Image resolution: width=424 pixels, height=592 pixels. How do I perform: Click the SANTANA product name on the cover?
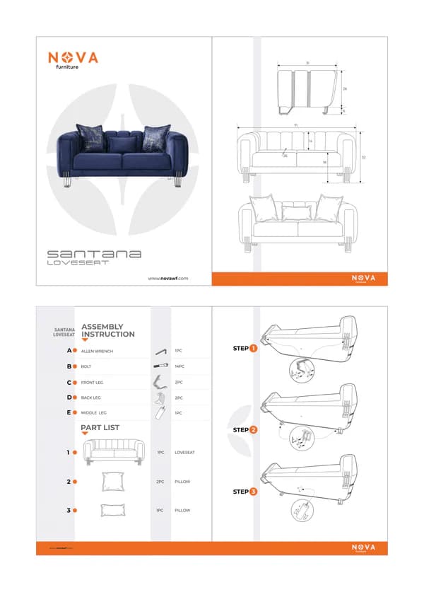[94, 253]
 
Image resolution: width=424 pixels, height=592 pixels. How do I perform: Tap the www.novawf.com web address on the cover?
[168, 278]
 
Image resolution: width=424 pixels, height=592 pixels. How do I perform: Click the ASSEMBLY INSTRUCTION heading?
[108, 330]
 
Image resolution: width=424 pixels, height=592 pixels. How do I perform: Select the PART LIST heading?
[100, 427]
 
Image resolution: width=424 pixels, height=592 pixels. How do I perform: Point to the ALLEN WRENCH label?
[97, 351]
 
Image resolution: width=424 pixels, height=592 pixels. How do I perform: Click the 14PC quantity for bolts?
[179, 366]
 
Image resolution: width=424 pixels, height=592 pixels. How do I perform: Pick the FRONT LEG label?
[93, 383]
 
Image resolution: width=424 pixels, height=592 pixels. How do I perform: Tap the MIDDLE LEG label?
[94, 412]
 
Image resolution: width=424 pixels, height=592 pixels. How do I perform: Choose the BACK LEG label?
[92, 397]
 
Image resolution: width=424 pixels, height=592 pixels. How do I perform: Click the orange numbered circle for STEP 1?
[253, 348]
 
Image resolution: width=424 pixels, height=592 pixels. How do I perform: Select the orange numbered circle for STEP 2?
[253, 429]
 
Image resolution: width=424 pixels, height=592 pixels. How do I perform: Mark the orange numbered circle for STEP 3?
[253, 491]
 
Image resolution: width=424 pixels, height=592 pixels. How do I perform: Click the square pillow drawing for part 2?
[112, 482]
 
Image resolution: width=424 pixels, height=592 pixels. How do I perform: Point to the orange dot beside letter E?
[75, 412]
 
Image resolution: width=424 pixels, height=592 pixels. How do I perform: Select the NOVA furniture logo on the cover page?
[73, 59]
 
